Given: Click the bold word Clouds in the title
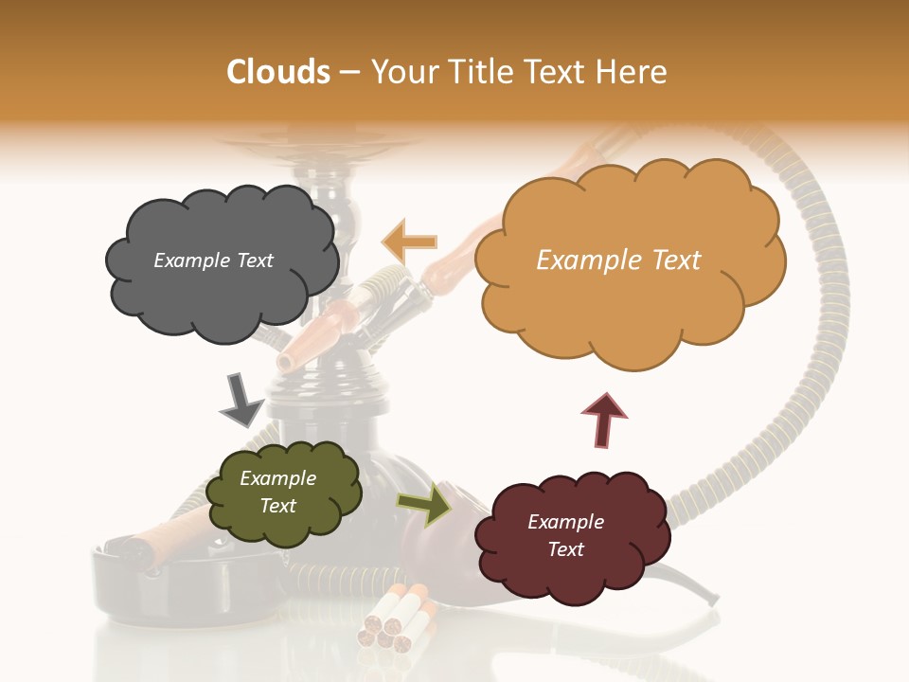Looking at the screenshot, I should (x=277, y=72).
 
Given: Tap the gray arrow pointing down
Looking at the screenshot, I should (x=240, y=400).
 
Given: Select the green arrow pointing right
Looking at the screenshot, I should (x=423, y=503).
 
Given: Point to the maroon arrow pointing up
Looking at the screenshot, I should (x=604, y=419).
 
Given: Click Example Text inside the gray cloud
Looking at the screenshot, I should (x=213, y=260).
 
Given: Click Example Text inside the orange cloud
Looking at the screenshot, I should (x=618, y=260).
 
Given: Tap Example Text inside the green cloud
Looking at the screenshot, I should (x=278, y=492).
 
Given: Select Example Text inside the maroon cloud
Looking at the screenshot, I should (x=565, y=535).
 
